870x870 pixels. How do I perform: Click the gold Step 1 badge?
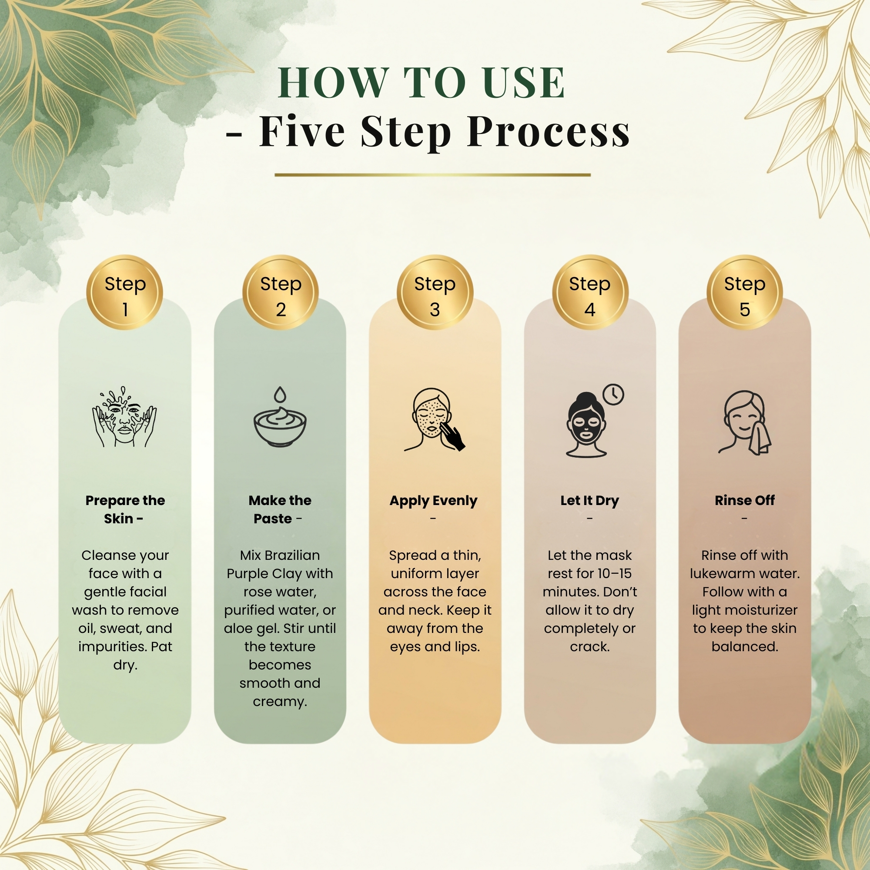tap(125, 292)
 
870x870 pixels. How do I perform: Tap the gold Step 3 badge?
tap(435, 292)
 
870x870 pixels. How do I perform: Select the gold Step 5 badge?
tap(744, 292)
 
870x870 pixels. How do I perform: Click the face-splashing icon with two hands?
tap(125, 417)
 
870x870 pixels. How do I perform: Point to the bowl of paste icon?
tap(280, 428)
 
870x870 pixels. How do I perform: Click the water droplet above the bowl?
tap(280, 394)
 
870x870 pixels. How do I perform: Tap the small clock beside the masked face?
tap(613, 395)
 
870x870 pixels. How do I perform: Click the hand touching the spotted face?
tap(454, 435)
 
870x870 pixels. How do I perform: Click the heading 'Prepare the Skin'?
tap(125, 509)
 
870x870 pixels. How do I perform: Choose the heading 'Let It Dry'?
tap(589, 500)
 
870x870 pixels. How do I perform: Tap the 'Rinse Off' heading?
tap(744, 500)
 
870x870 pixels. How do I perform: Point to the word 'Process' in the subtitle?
tap(549, 131)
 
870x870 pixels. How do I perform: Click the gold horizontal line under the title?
tap(432, 175)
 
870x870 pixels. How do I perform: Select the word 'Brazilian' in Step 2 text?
tap(292, 555)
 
